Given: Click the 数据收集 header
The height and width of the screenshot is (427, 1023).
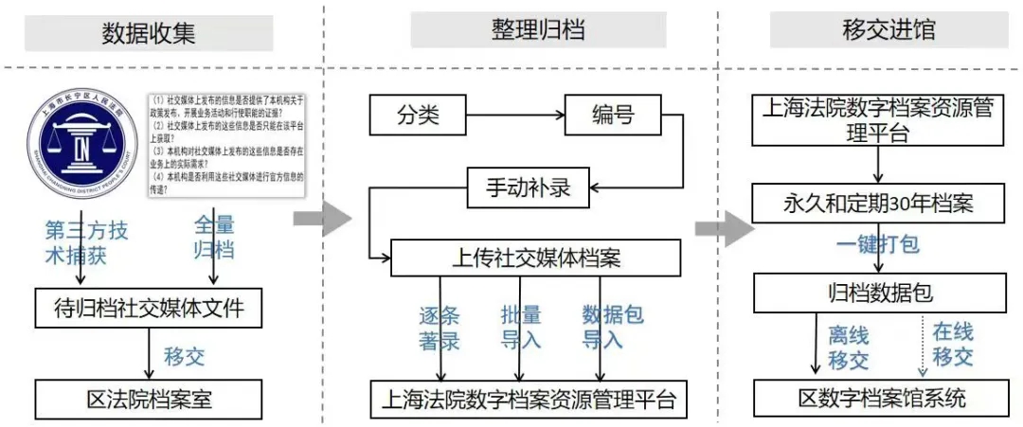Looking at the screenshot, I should click(149, 33).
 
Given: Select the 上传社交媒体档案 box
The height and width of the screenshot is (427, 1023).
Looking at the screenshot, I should click(536, 258).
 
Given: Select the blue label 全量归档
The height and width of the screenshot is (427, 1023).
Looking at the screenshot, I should click(214, 238).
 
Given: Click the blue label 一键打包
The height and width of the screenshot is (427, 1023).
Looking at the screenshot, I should click(877, 244).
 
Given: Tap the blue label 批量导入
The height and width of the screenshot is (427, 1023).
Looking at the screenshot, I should click(521, 327).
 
